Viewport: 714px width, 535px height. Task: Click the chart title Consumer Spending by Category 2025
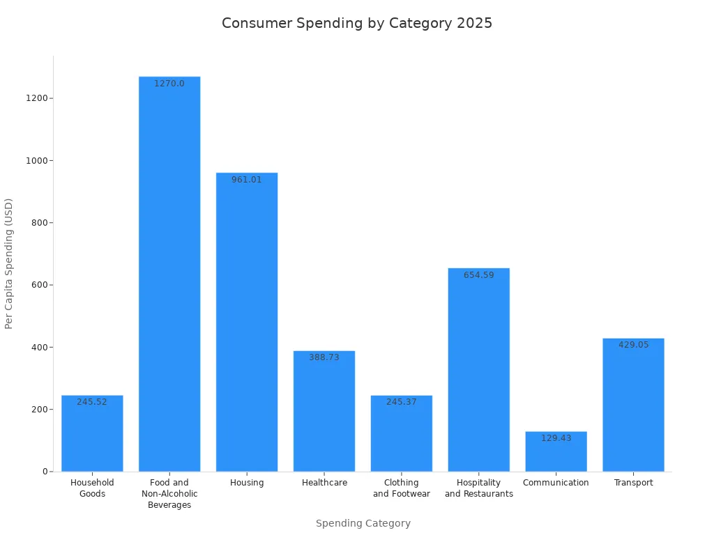point(357,23)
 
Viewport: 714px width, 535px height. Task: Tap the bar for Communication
point(556,453)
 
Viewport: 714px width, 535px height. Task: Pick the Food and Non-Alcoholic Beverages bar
point(169,279)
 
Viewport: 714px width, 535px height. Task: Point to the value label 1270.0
point(169,84)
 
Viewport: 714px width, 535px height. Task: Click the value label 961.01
point(247,180)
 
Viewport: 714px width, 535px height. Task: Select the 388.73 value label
point(324,357)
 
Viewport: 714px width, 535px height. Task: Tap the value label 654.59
point(478,275)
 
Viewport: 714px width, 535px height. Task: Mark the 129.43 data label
point(556,438)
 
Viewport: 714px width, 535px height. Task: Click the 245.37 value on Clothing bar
point(402,402)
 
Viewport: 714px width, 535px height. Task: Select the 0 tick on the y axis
point(45,472)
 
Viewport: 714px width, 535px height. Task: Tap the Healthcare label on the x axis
point(324,483)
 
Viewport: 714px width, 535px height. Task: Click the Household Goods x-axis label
point(92,488)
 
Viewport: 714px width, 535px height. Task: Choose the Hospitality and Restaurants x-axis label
point(478,488)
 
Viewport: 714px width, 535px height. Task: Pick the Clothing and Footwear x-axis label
point(402,488)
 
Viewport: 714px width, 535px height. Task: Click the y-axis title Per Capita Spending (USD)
point(9,263)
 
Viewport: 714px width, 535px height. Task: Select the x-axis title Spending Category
point(363,523)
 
